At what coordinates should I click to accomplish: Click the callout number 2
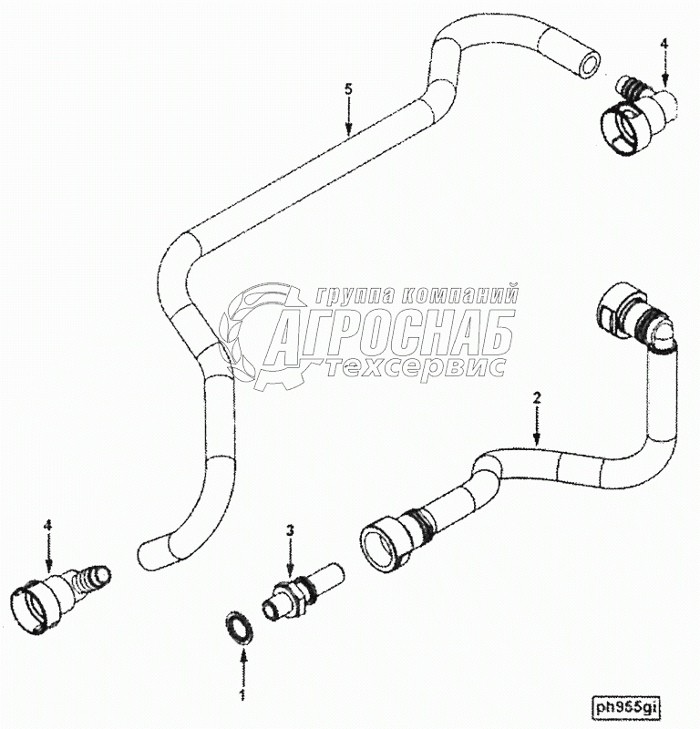537,397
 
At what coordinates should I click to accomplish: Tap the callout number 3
290,529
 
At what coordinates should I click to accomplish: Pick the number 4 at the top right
664,43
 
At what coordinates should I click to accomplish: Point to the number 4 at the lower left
47,524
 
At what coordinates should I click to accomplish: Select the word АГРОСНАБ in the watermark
392,334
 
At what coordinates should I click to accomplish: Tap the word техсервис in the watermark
416,366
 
